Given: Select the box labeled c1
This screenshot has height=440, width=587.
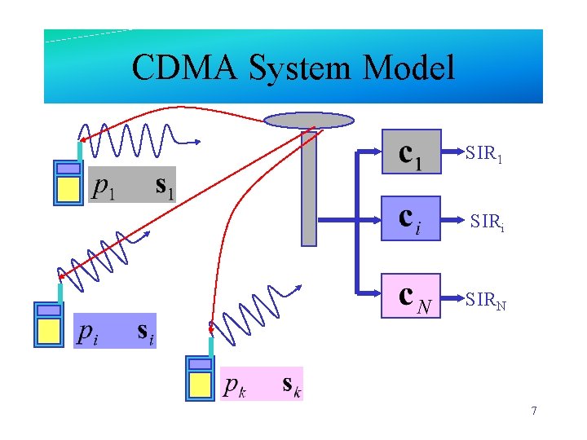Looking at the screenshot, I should (411, 152).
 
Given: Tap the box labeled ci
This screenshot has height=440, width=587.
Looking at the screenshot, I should (411, 218).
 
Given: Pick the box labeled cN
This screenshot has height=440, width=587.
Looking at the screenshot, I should (411, 295).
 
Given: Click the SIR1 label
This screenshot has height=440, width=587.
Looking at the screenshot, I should (483, 152).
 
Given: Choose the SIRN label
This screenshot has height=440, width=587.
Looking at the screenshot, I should (486, 301).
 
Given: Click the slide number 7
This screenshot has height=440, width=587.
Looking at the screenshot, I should (533, 411).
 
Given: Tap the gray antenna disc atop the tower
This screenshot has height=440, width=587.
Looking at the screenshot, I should (310, 121).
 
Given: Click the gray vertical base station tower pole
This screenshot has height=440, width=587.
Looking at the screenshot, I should (309, 187).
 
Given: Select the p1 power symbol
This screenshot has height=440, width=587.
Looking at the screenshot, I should (104, 187).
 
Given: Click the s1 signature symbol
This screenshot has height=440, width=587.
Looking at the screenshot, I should (166, 187).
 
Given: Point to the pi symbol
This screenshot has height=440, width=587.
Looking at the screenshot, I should (89, 332).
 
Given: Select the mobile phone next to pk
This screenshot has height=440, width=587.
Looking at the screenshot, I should (200, 377).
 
